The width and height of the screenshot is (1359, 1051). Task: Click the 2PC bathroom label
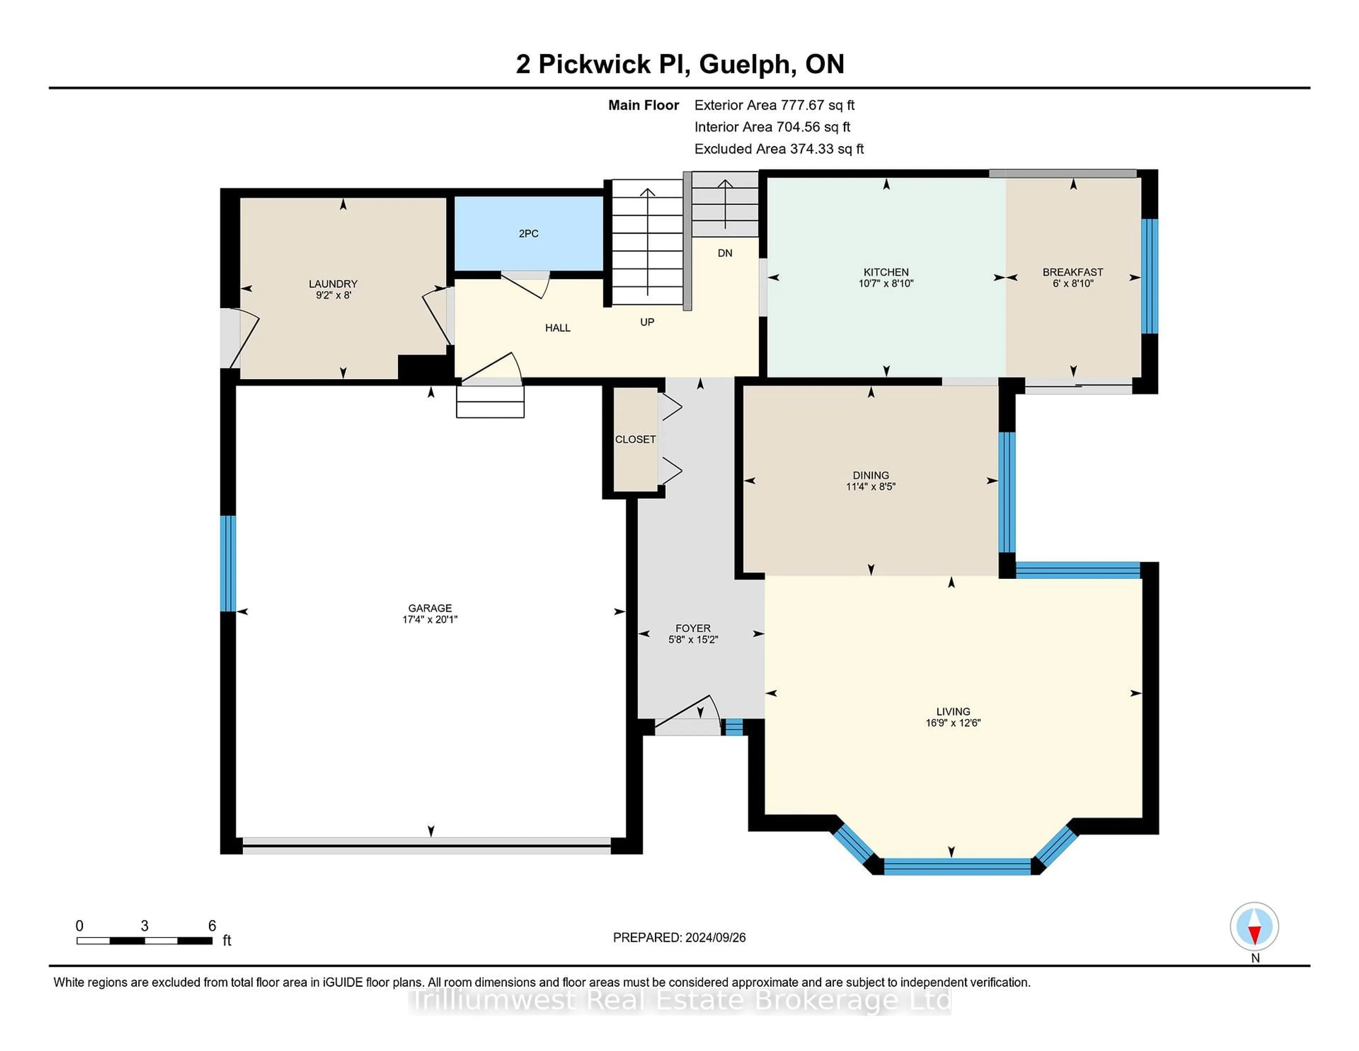[528, 233]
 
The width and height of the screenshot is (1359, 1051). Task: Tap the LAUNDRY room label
[333, 284]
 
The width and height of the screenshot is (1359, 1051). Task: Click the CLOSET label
[635, 439]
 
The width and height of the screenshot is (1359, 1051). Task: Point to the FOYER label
[693, 628]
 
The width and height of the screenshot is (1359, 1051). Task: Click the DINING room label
[871, 475]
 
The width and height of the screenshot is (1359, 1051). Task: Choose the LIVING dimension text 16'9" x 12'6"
[953, 723]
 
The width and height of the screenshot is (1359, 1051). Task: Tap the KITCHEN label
[885, 272]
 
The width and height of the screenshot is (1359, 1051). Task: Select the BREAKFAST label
[1073, 272]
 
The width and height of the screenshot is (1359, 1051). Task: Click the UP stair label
[647, 322]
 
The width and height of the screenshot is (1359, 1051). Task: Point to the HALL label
[557, 328]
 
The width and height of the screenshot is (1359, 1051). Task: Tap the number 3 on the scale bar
[144, 926]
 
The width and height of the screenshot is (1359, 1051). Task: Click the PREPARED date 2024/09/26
[714, 938]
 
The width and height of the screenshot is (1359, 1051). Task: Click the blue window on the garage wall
[228, 563]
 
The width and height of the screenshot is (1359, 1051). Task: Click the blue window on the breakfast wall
[1149, 276]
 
